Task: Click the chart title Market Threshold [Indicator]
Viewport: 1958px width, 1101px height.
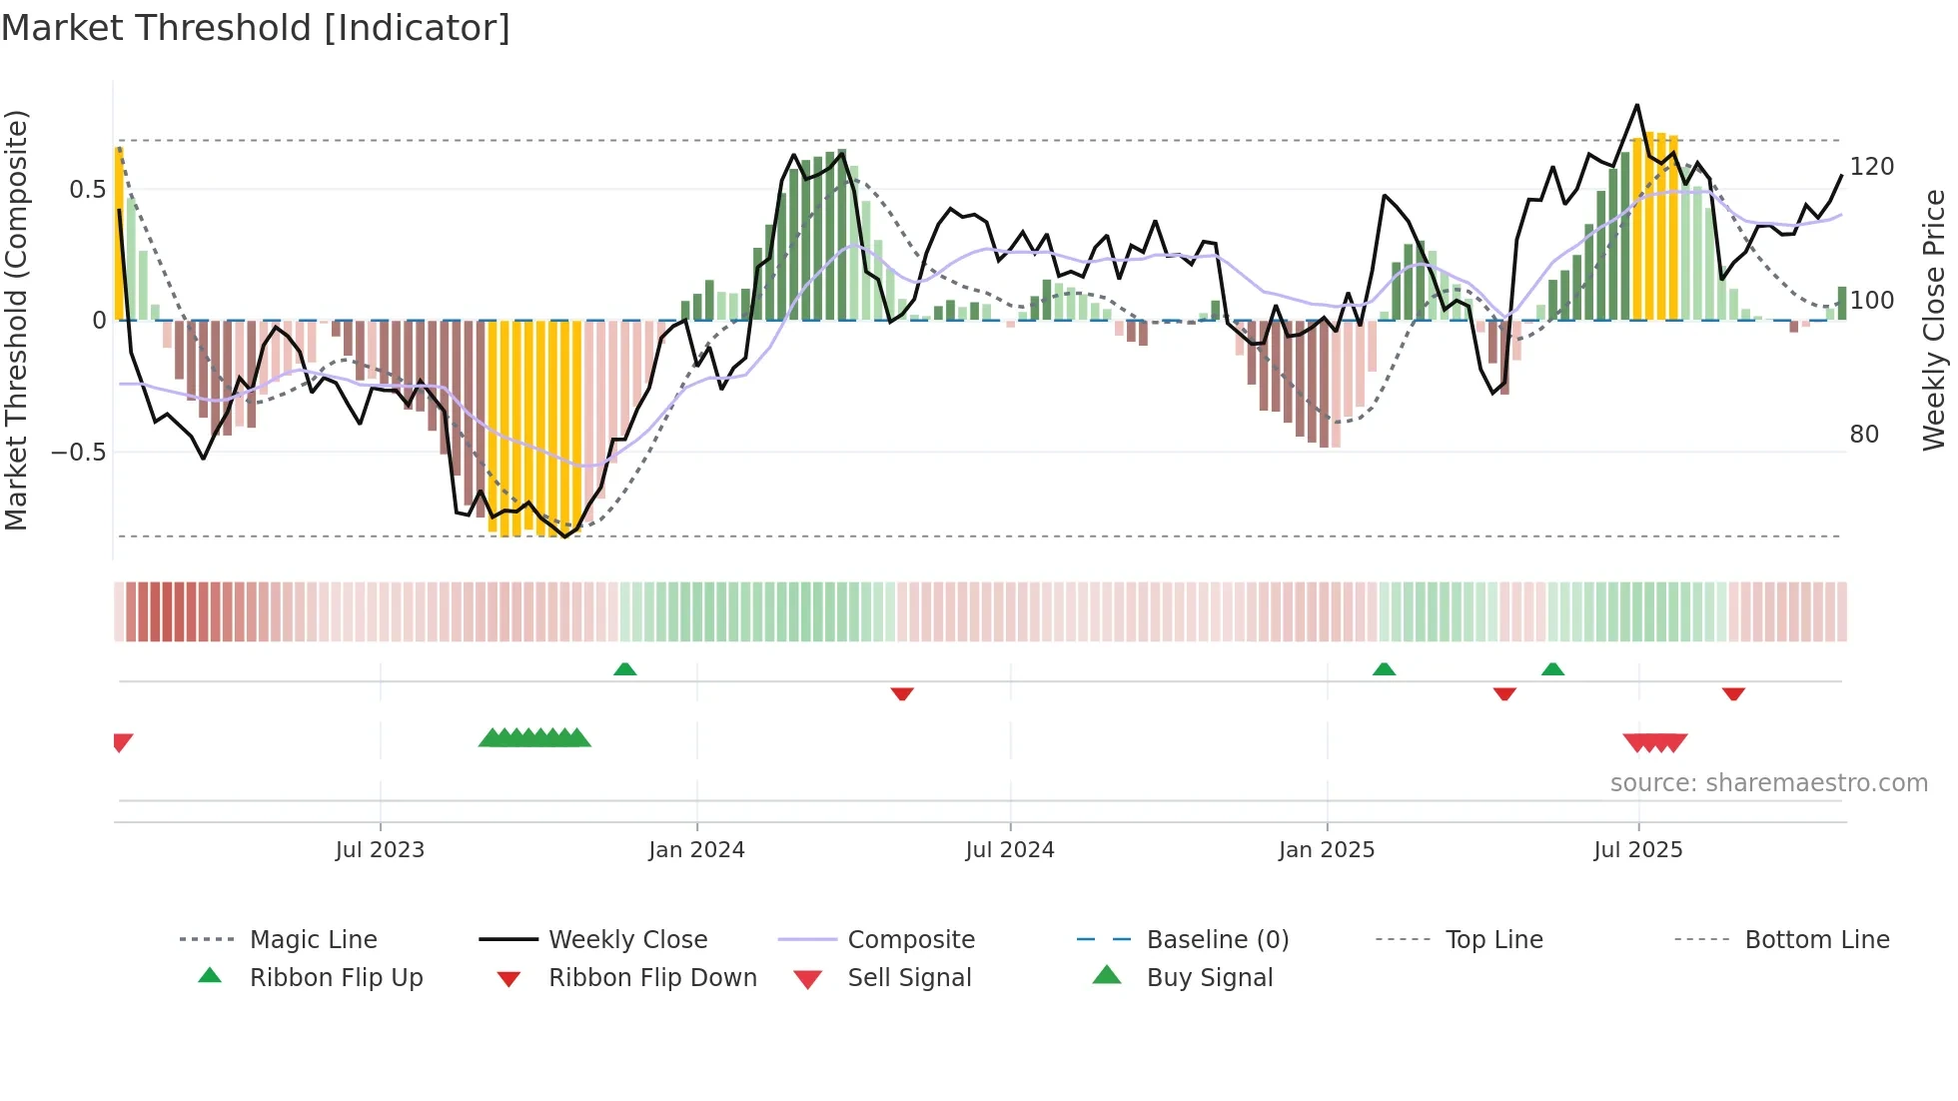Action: tap(256, 28)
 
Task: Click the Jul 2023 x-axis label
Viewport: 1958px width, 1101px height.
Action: tap(380, 850)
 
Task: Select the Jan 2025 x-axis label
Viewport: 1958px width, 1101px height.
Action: tap(1327, 850)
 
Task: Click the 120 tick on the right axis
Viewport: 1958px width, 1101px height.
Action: tap(1871, 167)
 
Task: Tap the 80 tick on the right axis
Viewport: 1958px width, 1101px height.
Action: tap(1864, 435)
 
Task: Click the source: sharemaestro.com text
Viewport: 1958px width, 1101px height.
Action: tap(1768, 783)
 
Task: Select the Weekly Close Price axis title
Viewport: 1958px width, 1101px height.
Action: tap(1934, 320)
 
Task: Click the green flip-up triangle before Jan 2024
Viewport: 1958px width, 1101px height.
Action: tap(624, 669)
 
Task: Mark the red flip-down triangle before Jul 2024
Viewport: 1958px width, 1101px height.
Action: tap(902, 693)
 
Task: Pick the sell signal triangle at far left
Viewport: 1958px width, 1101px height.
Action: tap(122, 742)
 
